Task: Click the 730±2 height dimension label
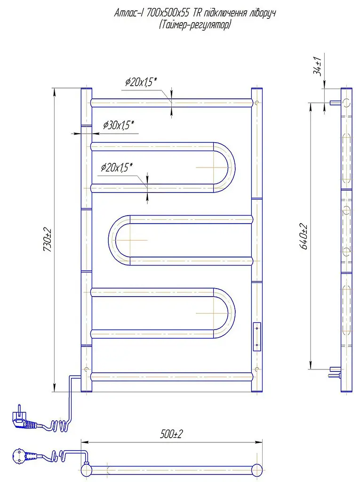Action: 48,240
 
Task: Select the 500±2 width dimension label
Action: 171,434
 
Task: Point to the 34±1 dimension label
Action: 317,66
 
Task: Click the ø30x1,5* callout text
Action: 119,125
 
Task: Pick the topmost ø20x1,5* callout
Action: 141,82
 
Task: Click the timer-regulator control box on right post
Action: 256,337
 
